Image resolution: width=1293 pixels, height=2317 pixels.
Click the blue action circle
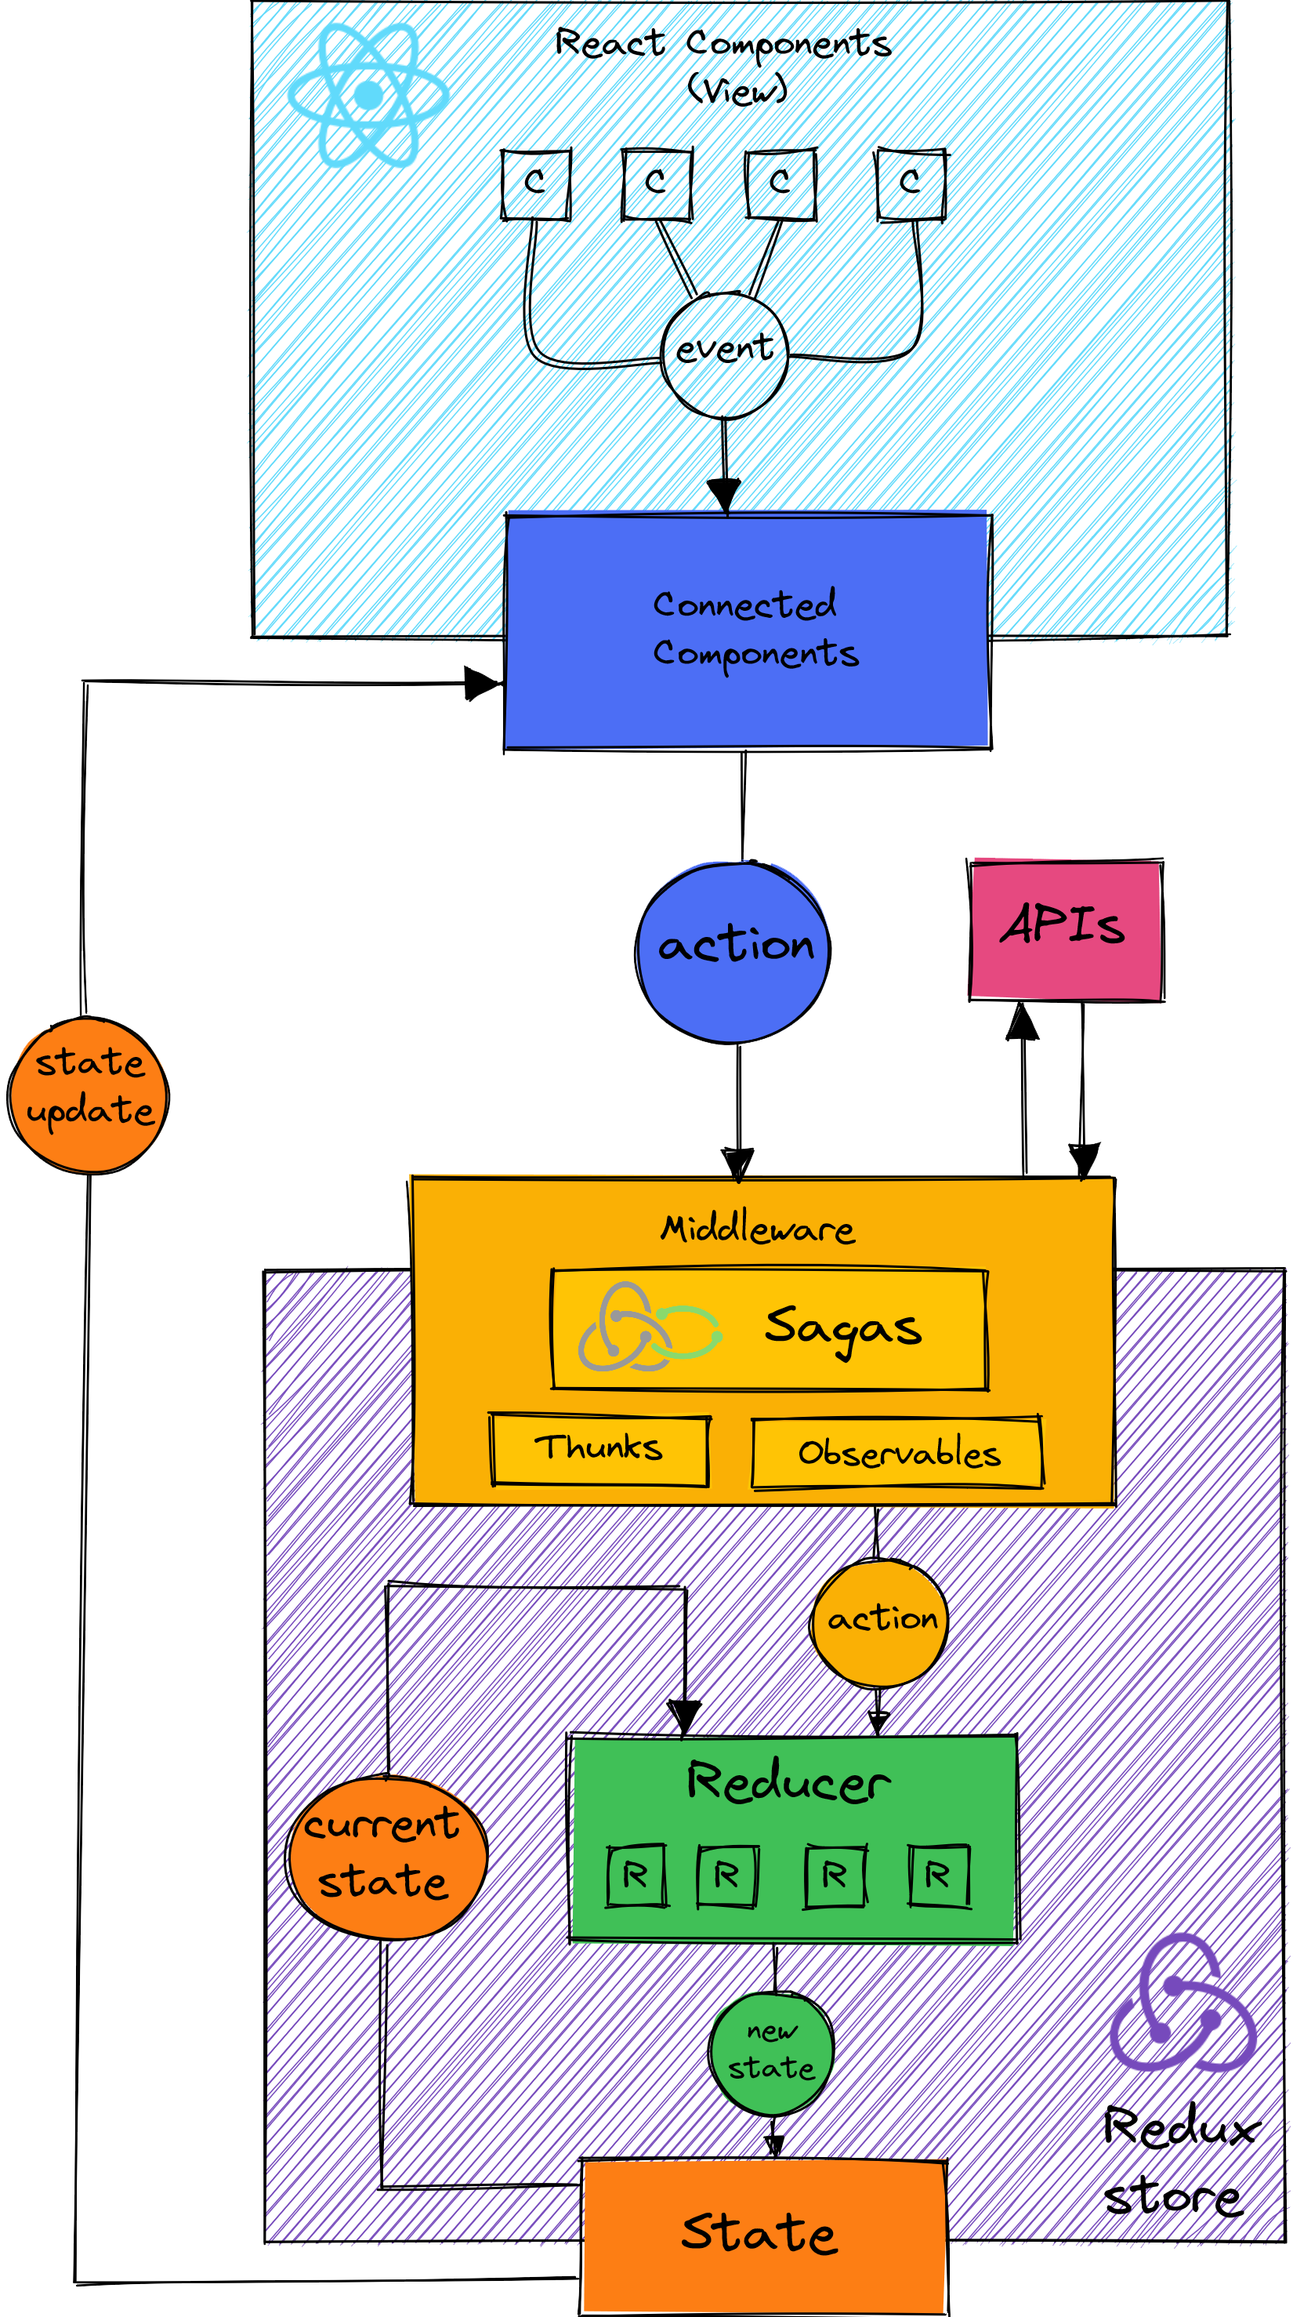coord(733,952)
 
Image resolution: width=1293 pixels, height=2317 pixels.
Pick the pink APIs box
coord(1066,929)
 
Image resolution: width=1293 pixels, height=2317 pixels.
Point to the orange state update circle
coord(89,1095)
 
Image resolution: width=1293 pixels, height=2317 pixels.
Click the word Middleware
coord(758,1229)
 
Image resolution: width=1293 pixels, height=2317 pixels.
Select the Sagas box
coord(770,1328)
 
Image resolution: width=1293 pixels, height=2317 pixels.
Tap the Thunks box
coord(599,1449)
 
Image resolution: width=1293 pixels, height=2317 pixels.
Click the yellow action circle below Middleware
coord(879,1620)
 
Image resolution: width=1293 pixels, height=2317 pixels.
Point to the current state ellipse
coord(386,1857)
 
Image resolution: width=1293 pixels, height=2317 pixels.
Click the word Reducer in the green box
coord(788,1781)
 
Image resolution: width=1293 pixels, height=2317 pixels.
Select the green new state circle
coord(771,2053)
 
